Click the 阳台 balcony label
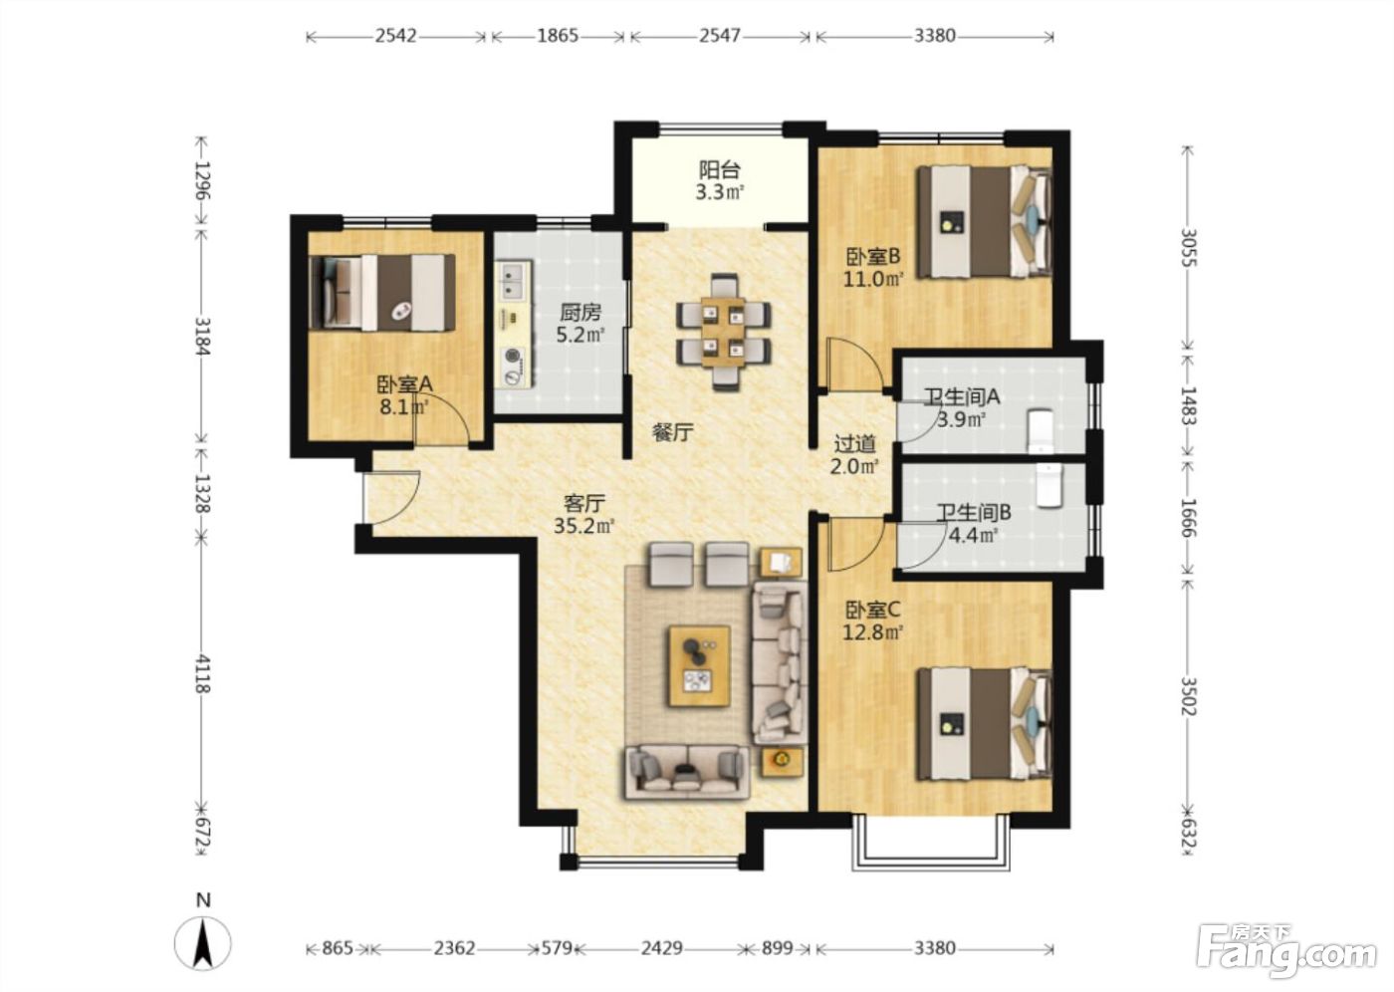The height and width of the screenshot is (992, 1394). coord(719,169)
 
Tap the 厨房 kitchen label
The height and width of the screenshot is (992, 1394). coord(580,313)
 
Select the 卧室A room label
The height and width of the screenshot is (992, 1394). coord(404,384)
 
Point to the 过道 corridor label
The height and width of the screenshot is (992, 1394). coord(854,444)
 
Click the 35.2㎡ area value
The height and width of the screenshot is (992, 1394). coord(584,527)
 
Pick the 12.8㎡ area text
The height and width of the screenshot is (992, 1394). coord(872,632)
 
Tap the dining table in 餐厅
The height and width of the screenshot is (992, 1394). coord(723,332)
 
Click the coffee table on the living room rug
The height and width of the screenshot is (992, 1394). coord(699,666)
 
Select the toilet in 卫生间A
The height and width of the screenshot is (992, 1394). coord(1040,430)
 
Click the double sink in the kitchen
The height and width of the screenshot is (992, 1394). coord(515,280)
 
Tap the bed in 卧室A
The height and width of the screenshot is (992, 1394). coord(382,293)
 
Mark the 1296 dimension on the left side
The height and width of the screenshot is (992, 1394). coord(201,180)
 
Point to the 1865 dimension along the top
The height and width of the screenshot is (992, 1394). coord(558,36)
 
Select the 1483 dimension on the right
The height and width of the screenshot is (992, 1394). coord(1188,405)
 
